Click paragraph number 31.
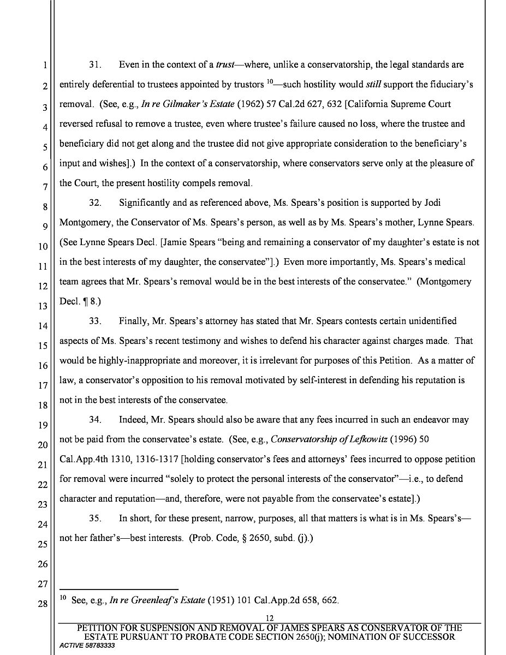point(96,65)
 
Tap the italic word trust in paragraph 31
point(225,65)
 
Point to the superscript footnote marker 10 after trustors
point(270,82)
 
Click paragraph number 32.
point(96,203)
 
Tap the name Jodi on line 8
point(432,203)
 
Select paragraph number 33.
point(96,321)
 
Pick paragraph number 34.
point(96,420)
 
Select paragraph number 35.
point(96,519)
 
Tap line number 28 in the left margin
point(43,604)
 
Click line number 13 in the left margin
point(43,306)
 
